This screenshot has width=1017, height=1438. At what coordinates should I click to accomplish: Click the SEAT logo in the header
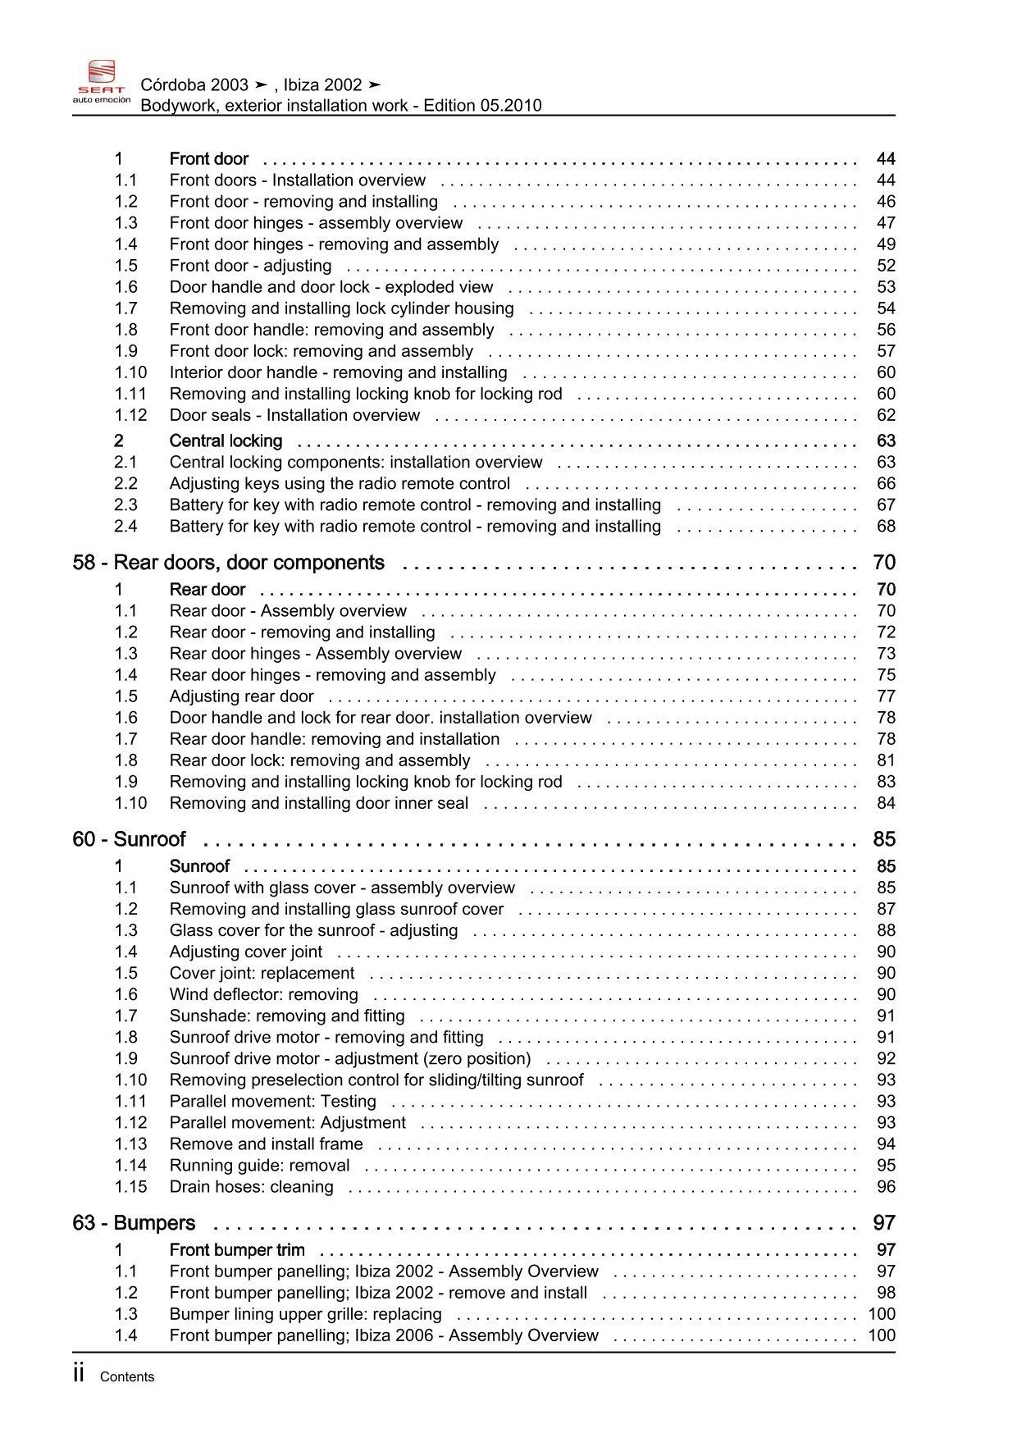coord(101,81)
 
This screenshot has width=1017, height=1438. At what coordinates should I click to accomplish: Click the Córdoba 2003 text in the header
coord(194,84)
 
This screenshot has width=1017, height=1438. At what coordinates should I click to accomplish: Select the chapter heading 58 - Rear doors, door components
coord(228,563)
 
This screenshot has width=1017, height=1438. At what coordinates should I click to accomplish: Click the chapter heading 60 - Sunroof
coord(129,839)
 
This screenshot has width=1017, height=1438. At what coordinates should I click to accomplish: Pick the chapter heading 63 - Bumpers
coord(134,1223)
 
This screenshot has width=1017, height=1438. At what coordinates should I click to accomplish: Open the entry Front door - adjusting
coord(250,266)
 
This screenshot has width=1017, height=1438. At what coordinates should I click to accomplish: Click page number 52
coord(886,266)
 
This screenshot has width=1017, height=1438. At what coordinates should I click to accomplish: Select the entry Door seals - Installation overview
coord(294,415)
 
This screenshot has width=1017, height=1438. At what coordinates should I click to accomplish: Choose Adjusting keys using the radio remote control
coord(340,484)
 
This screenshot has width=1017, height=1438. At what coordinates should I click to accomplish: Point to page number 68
coord(886,527)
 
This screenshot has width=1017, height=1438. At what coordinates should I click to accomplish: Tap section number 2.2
coord(126,484)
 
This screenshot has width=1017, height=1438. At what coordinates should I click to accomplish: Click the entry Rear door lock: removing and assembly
coord(320,760)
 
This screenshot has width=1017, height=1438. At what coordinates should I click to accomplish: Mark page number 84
coord(886,803)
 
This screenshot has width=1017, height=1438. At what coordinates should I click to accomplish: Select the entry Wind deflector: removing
coord(263,995)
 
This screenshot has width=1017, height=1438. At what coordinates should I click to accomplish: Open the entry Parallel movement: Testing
coord(272,1102)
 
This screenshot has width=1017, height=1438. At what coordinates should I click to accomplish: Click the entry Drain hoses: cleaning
coord(251,1187)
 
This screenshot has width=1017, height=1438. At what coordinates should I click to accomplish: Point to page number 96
coord(886,1187)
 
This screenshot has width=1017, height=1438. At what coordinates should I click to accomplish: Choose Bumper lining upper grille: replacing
coord(305,1314)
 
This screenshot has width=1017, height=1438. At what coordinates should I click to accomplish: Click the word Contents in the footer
coord(127,1377)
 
